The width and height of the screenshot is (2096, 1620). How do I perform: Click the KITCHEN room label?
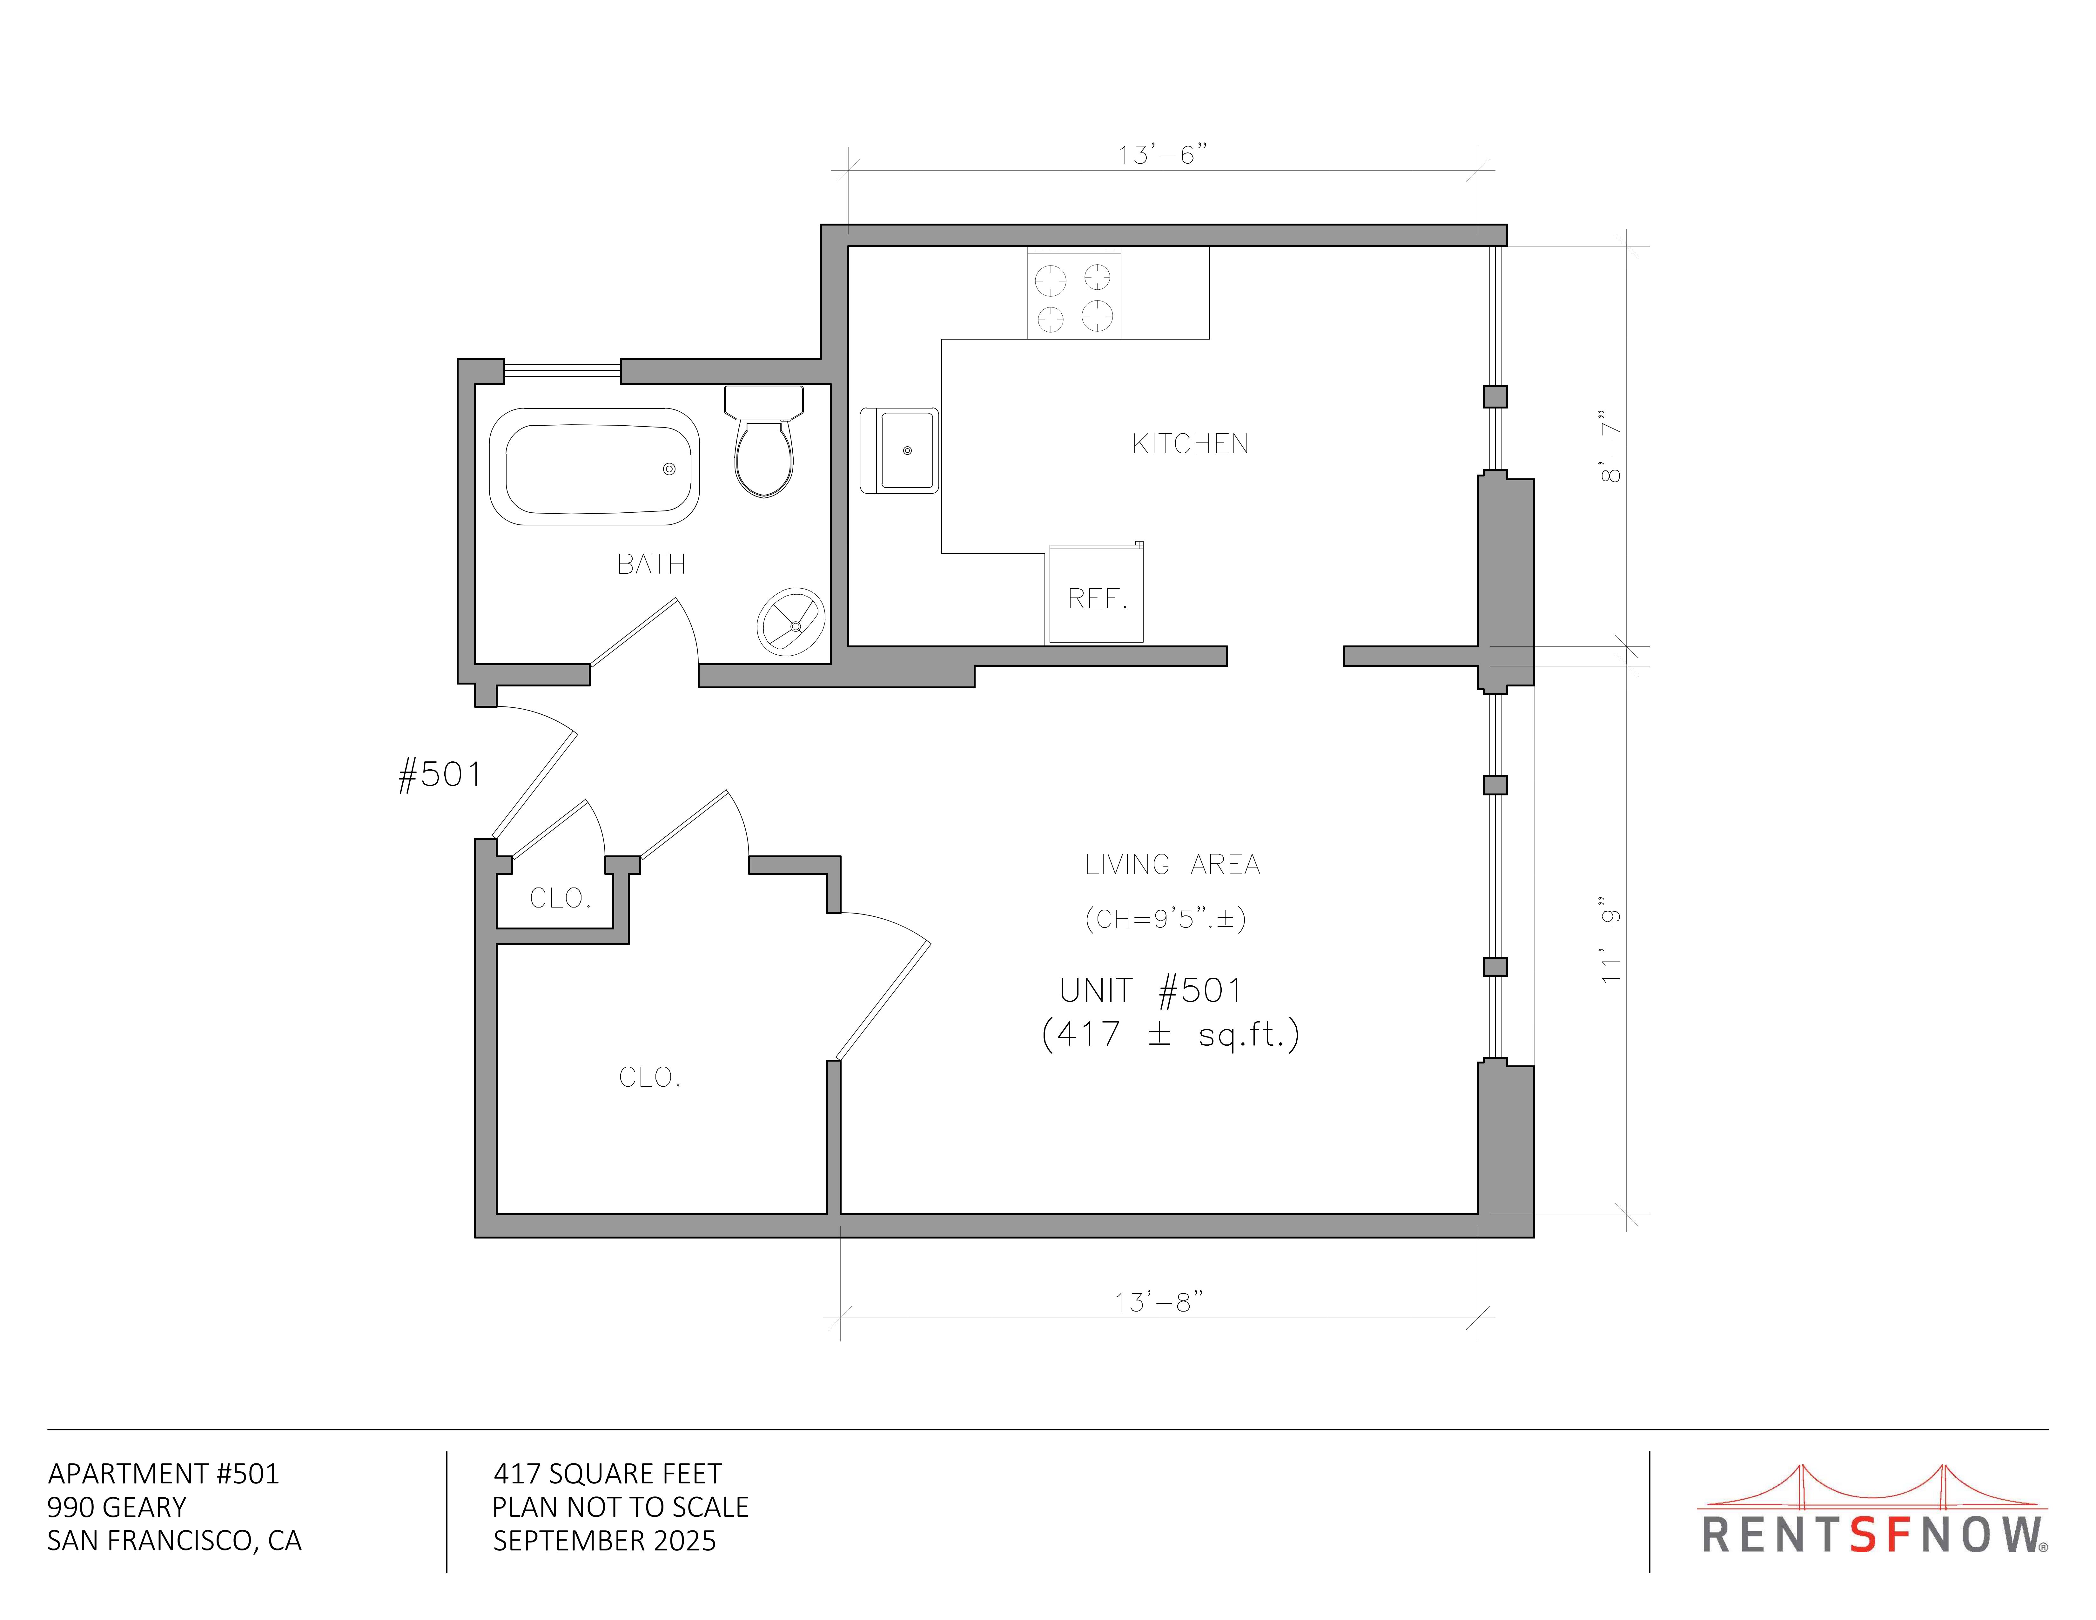click(x=1190, y=443)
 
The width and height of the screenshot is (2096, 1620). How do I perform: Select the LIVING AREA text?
click(x=1172, y=865)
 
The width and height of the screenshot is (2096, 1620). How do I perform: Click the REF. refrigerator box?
click(x=1096, y=593)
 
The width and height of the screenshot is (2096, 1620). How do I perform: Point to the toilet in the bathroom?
click(x=764, y=442)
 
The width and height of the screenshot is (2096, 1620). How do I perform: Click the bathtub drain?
click(x=669, y=468)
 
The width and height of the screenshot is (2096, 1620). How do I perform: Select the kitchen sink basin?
click(x=907, y=450)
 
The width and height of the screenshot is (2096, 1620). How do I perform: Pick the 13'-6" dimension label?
click(x=1162, y=154)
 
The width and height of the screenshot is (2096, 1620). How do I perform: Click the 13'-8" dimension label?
click(x=1159, y=1301)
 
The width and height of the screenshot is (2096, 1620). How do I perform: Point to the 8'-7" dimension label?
click(x=1610, y=447)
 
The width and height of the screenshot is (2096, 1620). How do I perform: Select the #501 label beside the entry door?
click(x=440, y=774)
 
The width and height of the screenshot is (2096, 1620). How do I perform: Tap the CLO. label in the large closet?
click(x=650, y=1077)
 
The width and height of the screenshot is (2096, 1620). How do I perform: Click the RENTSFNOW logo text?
click(x=1874, y=1535)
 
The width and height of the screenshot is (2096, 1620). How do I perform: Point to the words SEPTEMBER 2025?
click(x=605, y=1540)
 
